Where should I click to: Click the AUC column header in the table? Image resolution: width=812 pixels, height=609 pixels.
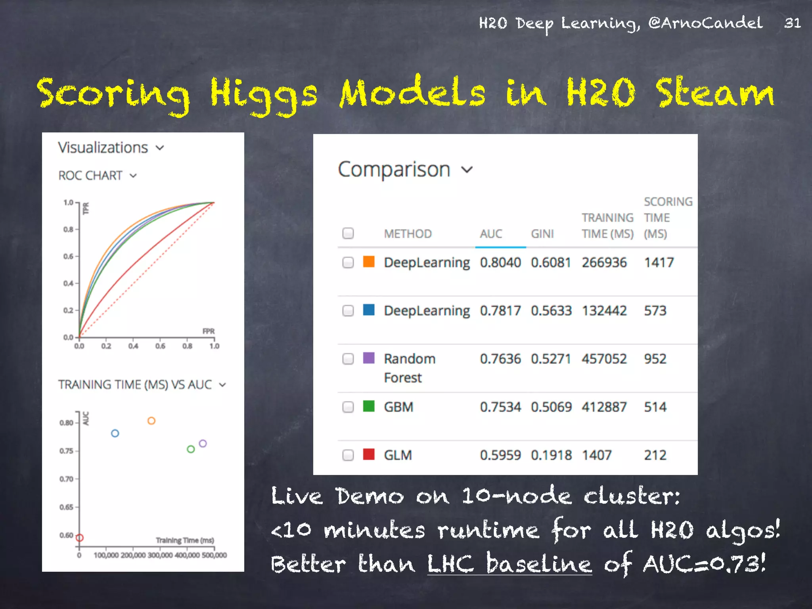pos(491,234)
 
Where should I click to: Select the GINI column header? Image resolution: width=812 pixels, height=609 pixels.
pos(542,234)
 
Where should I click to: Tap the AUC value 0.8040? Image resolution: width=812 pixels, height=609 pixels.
pos(500,262)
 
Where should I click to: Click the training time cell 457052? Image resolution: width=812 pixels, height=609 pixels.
pos(604,359)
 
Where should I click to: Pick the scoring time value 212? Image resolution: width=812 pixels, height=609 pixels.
pos(655,455)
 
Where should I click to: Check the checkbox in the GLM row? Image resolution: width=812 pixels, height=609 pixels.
pos(348,455)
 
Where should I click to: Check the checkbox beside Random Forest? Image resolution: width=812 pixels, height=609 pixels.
pos(348,359)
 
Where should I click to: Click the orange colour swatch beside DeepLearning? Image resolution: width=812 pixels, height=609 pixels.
pos(369,262)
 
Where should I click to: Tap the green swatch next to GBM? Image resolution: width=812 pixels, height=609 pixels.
pos(369,406)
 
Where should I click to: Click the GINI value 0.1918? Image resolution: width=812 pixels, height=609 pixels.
pos(551,455)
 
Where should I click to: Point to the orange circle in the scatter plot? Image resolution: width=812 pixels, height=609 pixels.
pos(151,421)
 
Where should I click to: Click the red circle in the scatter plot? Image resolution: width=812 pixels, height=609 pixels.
pos(80,538)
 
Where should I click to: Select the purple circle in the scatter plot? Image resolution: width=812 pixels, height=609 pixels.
pos(203,443)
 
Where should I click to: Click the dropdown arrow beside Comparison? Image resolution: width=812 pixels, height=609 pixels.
pos(468,170)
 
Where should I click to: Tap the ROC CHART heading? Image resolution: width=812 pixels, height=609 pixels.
pos(90,176)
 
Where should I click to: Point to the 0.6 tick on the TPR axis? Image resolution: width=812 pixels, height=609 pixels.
pos(69,257)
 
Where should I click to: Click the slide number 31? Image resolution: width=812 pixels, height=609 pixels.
pos(792,23)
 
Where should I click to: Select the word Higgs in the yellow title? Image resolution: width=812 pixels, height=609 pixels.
pos(263,93)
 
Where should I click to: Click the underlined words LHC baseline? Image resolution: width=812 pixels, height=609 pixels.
pos(509,563)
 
